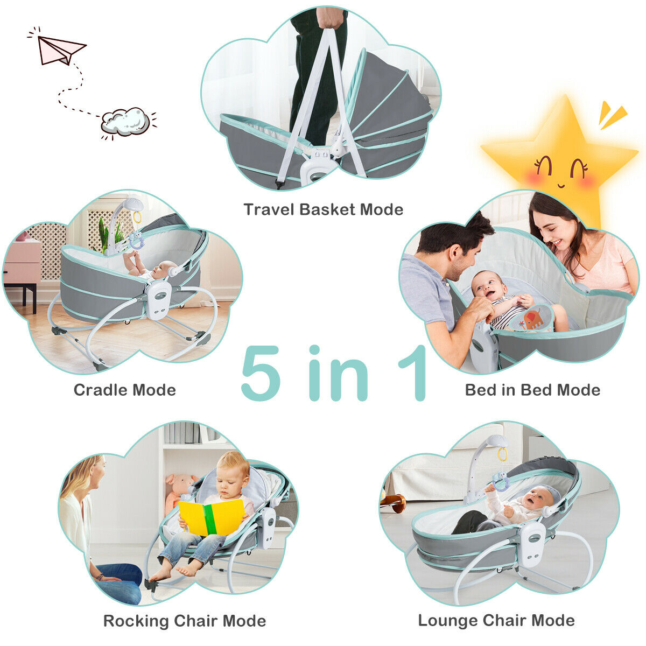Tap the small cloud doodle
pos(126,121)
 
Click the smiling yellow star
pos(560,156)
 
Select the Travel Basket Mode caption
pos(323,209)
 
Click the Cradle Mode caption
pos(125,390)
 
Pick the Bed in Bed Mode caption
pos(532,390)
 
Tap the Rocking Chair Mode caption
pos(185,621)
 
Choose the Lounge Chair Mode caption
pos(496,620)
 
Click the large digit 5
pos(262,374)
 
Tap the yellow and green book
pos(212,517)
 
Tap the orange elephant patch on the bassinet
pos(532,319)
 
